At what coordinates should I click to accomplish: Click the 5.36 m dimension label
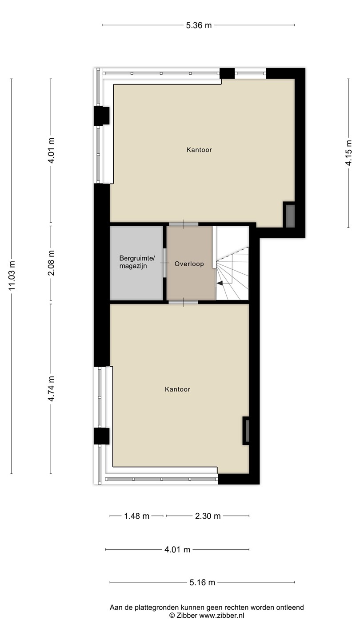pos(199,25)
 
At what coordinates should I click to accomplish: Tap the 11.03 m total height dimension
pos(12,276)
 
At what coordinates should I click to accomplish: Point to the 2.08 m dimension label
pos(51,263)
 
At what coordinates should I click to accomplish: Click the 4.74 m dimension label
pos(51,388)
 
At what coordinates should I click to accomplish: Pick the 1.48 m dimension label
pos(136,516)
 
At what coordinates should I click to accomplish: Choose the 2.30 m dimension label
pos(208,516)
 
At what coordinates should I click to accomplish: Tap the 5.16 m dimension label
pos(202,582)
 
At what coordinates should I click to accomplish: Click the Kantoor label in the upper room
pos(199,150)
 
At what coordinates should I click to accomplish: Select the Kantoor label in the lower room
pos(177,389)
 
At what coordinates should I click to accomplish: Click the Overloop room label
pos(189,264)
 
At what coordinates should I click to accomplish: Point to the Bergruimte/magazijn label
pos(137,262)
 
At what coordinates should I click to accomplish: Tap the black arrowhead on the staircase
pos(220,283)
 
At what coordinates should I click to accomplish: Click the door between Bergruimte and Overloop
pos(164,263)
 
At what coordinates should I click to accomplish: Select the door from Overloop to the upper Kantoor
pos(184,224)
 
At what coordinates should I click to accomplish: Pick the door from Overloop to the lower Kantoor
pos(183,302)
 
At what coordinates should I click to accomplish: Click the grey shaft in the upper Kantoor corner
pos(290,216)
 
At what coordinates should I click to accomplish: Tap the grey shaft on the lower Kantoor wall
pos(247,431)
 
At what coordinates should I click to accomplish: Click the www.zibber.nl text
pos(222,616)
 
